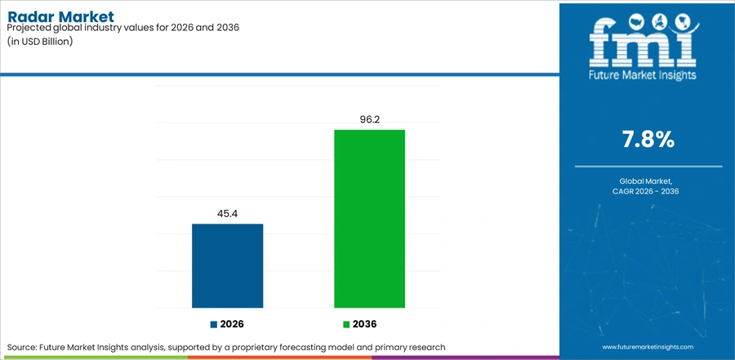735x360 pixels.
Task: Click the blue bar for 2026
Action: pyautogui.click(x=227, y=266)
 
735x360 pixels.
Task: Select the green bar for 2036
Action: pyautogui.click(x=369, y=219)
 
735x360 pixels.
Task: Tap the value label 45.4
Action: pyautogui.click(x=227, y=214)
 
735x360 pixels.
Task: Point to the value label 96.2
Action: pyautogui.click(x=369, y=119)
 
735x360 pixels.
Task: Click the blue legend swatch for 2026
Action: pyautogui.click(x=214, y=324)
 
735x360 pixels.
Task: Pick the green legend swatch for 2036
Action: pyautogui.click(x=346, y=324)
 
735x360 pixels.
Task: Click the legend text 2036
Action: pyautogui.click(x=365, y=324)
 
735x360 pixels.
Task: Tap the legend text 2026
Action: pyautogui.click(x=232, y=324)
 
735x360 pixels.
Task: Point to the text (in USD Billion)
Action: pyautogui.click(x=40, y=41)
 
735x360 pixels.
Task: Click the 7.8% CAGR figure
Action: pyautogui.click(x=648, y=140)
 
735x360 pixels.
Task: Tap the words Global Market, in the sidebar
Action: pyautogui.click(x=648, y=181)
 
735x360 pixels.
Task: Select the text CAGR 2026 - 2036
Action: pyautogui.click(x=648, y=191)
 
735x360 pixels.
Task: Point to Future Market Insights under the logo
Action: pyautogui.click(x=644, y=74)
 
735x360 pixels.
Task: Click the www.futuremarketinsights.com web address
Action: pyautogui.click(x=648, y=347)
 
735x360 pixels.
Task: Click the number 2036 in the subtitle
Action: pyautogui.click(x=229, y=28)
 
